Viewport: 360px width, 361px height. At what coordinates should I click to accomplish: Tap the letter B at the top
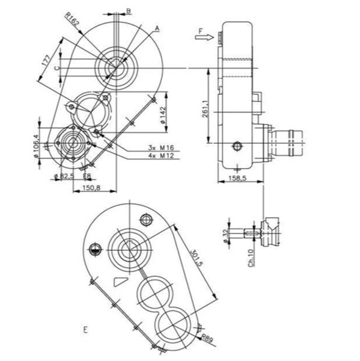129,11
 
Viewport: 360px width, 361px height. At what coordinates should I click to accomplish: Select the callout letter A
157,28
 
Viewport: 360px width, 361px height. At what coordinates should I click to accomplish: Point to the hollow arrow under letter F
204,37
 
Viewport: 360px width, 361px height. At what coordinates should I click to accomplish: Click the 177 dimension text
46,60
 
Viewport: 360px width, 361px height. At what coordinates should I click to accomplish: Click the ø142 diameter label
163,115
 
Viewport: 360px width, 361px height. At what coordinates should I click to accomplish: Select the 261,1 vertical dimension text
206,109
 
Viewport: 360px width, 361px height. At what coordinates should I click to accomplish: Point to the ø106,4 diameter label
36,146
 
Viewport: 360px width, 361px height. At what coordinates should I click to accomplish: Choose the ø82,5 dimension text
64,176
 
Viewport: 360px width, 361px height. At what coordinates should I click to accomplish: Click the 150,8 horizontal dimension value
91,188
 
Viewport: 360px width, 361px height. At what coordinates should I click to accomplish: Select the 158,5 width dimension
237,178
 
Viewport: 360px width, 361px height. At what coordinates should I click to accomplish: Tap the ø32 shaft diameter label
227,236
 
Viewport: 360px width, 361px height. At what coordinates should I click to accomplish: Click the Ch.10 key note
251,258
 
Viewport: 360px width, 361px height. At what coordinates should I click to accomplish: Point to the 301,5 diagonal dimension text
197,258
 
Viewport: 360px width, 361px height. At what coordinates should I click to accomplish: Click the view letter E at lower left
85,330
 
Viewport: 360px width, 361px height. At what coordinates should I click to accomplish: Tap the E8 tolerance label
87,176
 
